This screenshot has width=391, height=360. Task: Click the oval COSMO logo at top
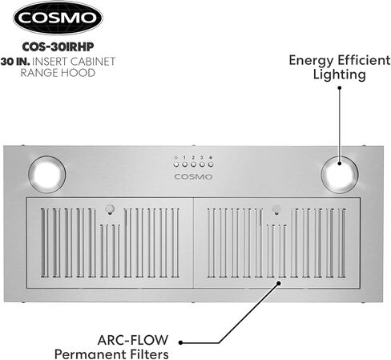(x=58, y=18)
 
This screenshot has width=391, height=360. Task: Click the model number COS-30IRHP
(x=58, y=47)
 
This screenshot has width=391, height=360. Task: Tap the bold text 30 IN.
(x=15, y=62)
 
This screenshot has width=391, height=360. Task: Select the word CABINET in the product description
(x=93, y=62)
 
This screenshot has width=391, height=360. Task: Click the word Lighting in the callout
(x=339, y=75)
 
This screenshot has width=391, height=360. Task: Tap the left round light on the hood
(x=46, y=175)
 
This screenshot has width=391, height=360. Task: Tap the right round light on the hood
(x=340, y=175)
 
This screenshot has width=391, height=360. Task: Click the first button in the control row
(x=176, y=164)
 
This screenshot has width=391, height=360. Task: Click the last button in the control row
(x=211, y=164)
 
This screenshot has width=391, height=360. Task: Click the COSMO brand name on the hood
(x=193, y=176)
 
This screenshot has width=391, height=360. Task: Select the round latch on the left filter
(x=109, y=208)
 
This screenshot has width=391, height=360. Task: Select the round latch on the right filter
(x=276, y=208)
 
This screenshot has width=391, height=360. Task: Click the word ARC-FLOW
(x=133, y=340)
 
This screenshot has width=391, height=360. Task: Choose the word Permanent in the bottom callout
(x=91, y=354)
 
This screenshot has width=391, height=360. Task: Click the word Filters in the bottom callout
(x=150, y=354)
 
